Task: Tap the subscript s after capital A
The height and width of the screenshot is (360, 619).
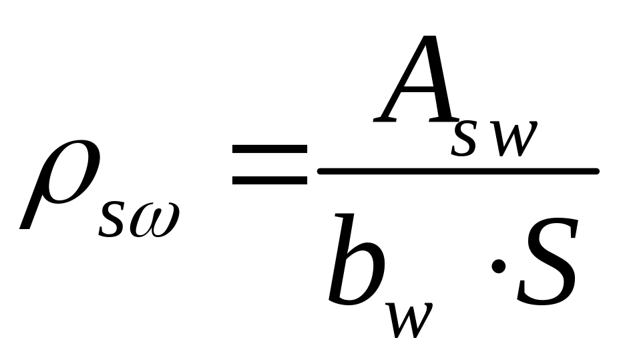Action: (x=463, y=139)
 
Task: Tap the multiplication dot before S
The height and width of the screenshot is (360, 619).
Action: (x=497, y=267)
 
